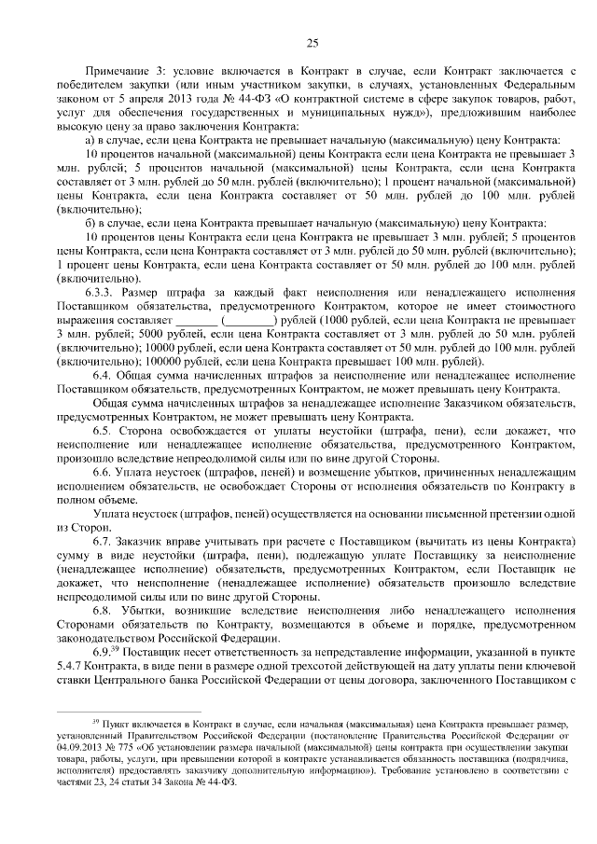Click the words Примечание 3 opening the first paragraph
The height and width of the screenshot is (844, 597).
pos(118,72)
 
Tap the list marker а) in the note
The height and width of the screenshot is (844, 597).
pos(90,139)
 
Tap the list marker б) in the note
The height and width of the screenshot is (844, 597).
pos(90,223)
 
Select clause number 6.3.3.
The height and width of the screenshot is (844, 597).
pos(109,291)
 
